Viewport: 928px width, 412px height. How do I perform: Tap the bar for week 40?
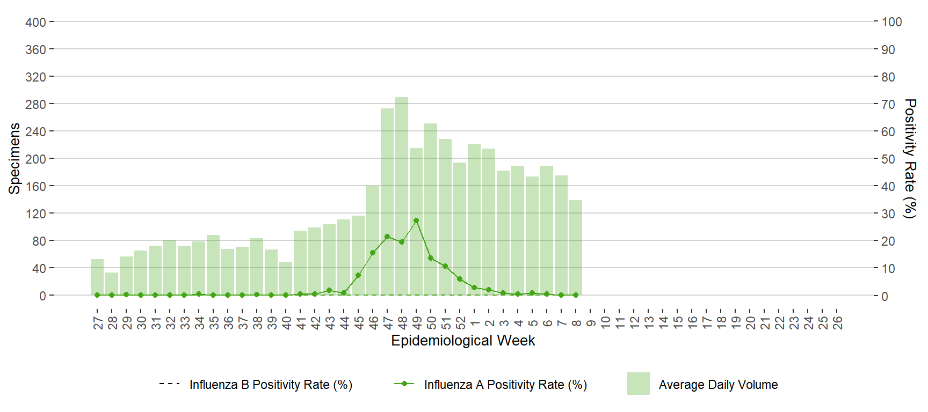[x=286, y=278]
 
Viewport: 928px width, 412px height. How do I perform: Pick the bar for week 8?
[x=576, y=247]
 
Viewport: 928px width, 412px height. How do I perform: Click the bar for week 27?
[x=97, y=277]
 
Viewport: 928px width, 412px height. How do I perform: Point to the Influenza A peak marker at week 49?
[x=416, y=220]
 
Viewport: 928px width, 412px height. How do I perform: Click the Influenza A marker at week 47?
[x=387, y=237]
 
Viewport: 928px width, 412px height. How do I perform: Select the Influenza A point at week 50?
[x=431, y=258]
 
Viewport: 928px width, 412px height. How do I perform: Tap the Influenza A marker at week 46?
[x=373, y=253]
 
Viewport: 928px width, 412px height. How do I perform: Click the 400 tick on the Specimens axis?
[x=35, y=22]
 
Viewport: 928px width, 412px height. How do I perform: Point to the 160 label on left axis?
[x=35, y=186]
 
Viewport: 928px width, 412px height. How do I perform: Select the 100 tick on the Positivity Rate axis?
[x=891, y=22]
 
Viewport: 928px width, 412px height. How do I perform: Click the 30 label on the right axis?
[x=888, y=214]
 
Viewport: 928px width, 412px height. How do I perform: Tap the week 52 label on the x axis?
[x=461, y=323]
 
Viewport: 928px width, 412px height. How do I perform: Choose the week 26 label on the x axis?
[x=838, y=323]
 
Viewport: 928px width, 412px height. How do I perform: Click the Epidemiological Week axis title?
[x=463, y=341]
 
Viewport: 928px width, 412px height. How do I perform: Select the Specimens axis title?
[x=15, y=159]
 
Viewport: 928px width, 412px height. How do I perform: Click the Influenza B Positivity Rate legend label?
[x=271, y=385]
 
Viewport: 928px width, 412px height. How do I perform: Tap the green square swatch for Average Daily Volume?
[x=638, y=384]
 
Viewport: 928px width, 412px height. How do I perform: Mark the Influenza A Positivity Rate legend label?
[x=505, y=385]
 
